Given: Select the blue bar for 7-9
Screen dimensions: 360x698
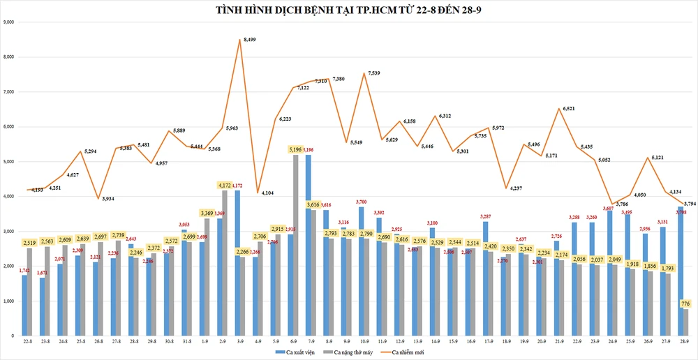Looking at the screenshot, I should (309, 244).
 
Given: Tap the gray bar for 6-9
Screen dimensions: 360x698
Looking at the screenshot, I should (295, 244).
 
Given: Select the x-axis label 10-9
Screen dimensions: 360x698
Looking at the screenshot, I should (364, 342).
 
